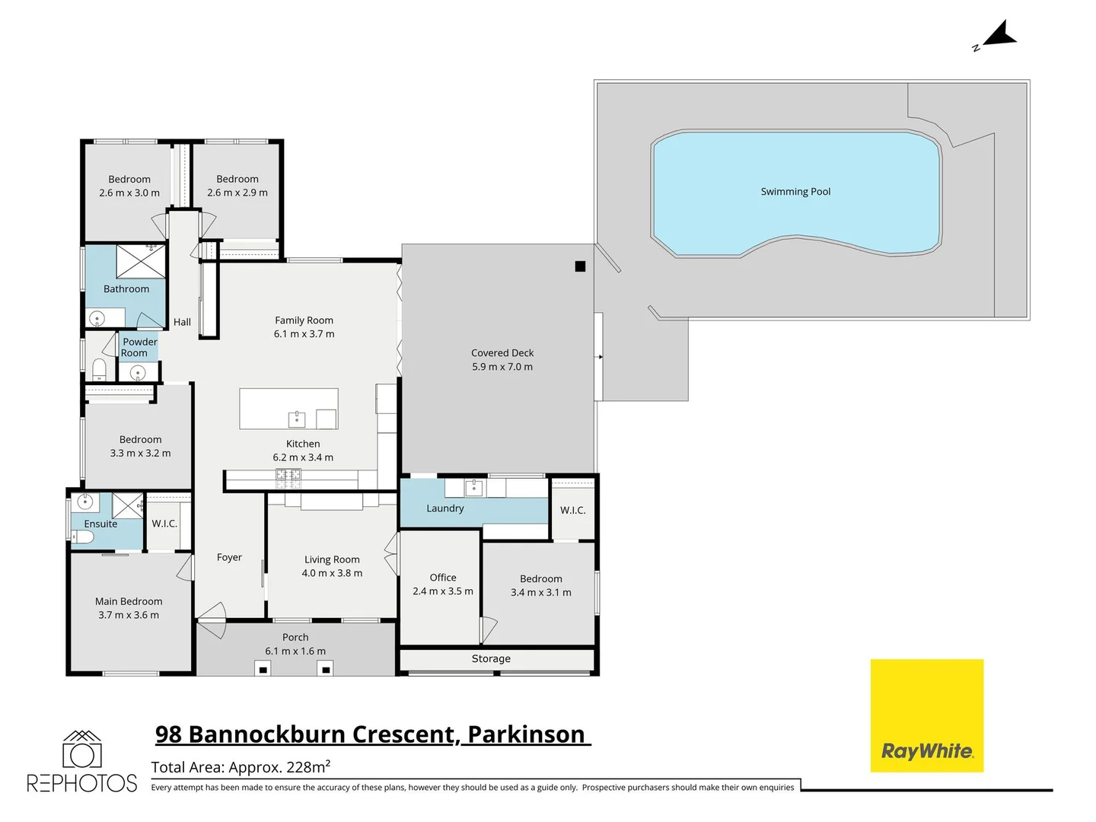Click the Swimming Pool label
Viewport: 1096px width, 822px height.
pyautogui.click(x=795, y=192)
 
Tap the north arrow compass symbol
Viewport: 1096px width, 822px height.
pyautogui.click(x=999, y=35)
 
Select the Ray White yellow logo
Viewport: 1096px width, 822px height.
pyautogui.click(x=926, y=715)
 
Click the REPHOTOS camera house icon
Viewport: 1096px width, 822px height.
pyautogui.click(x=81, y=750)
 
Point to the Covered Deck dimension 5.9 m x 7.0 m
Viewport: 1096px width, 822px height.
pyautogui.click(x=502, y=367)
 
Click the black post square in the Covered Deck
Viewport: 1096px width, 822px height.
pyautogui.click(x=580, y=266)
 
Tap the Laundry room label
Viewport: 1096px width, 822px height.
pyautogui.click(x=444, y=508)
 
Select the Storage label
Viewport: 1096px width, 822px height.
pyautogui.click(x=491, y=659)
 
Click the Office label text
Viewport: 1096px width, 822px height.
pyautogui.click(x=443, y=578)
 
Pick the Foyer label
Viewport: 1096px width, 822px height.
pyautogui.click(x=229, y=558)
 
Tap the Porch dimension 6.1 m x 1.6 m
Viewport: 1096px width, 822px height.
pyautogui.click(x=295, y=652)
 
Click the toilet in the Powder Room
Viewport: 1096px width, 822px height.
pyautogui.click(x=99, y=370)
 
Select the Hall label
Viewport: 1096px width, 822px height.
pyautogui.click(x=182, y=323)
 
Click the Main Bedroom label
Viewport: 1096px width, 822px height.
pyautogui.click(x=129, y=602)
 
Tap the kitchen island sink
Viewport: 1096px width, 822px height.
pyautogui.click(x=296, y=419)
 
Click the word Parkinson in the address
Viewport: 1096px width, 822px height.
pyautogui.click(x=526, y=734)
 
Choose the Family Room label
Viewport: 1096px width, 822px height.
pyautogui.click(x=304, y=320)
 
